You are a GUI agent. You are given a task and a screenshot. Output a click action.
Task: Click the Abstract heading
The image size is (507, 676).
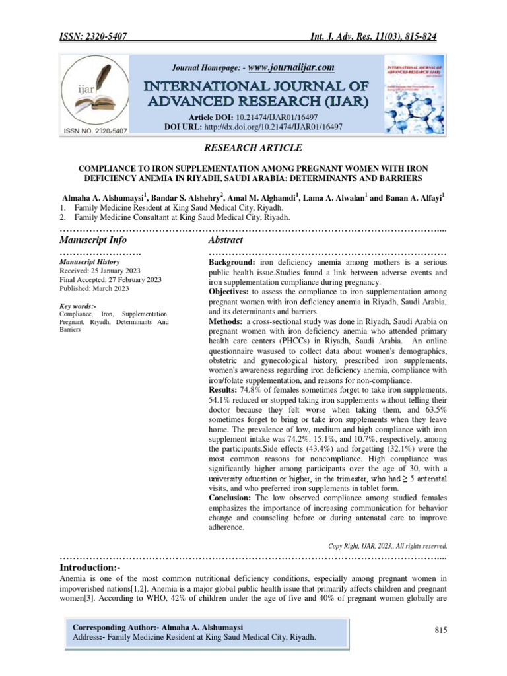click(226, 240)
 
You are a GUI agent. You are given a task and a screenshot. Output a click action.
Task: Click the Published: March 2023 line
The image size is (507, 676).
click(94, 288)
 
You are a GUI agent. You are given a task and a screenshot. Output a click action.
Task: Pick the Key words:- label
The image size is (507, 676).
click(78, 306)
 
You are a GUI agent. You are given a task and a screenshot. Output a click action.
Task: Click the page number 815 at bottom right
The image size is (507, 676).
click(441, 630)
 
